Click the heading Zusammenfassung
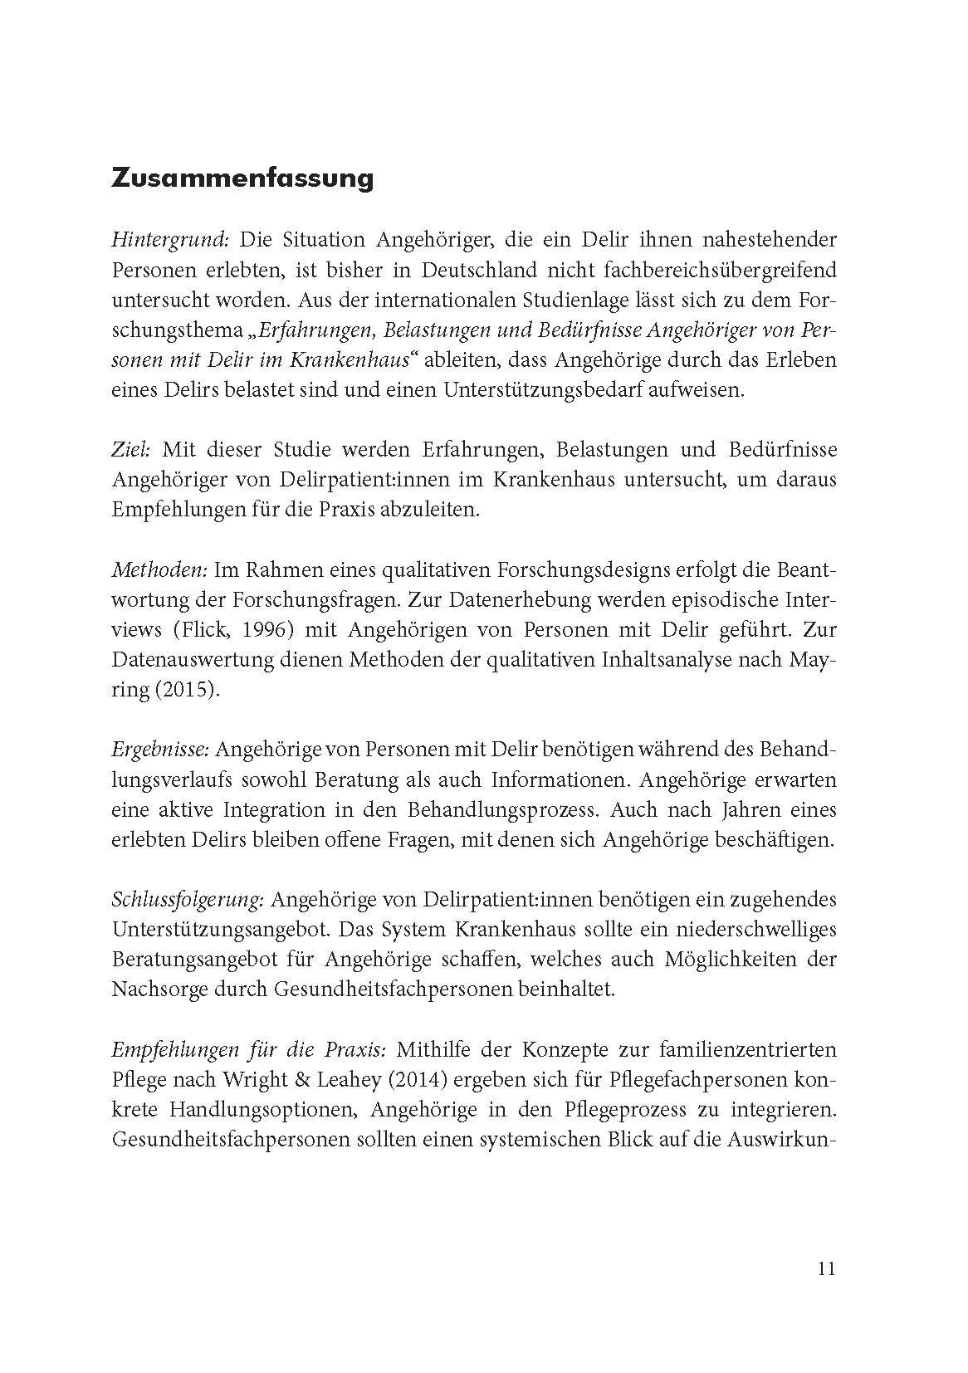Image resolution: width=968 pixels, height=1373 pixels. (x=242, y=178)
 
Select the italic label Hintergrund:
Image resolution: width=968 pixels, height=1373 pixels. (x=169, y=241)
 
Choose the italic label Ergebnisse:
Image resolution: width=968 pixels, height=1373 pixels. (x=160, y=750)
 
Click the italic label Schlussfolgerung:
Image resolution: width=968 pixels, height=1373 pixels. (x=188, y=900)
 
